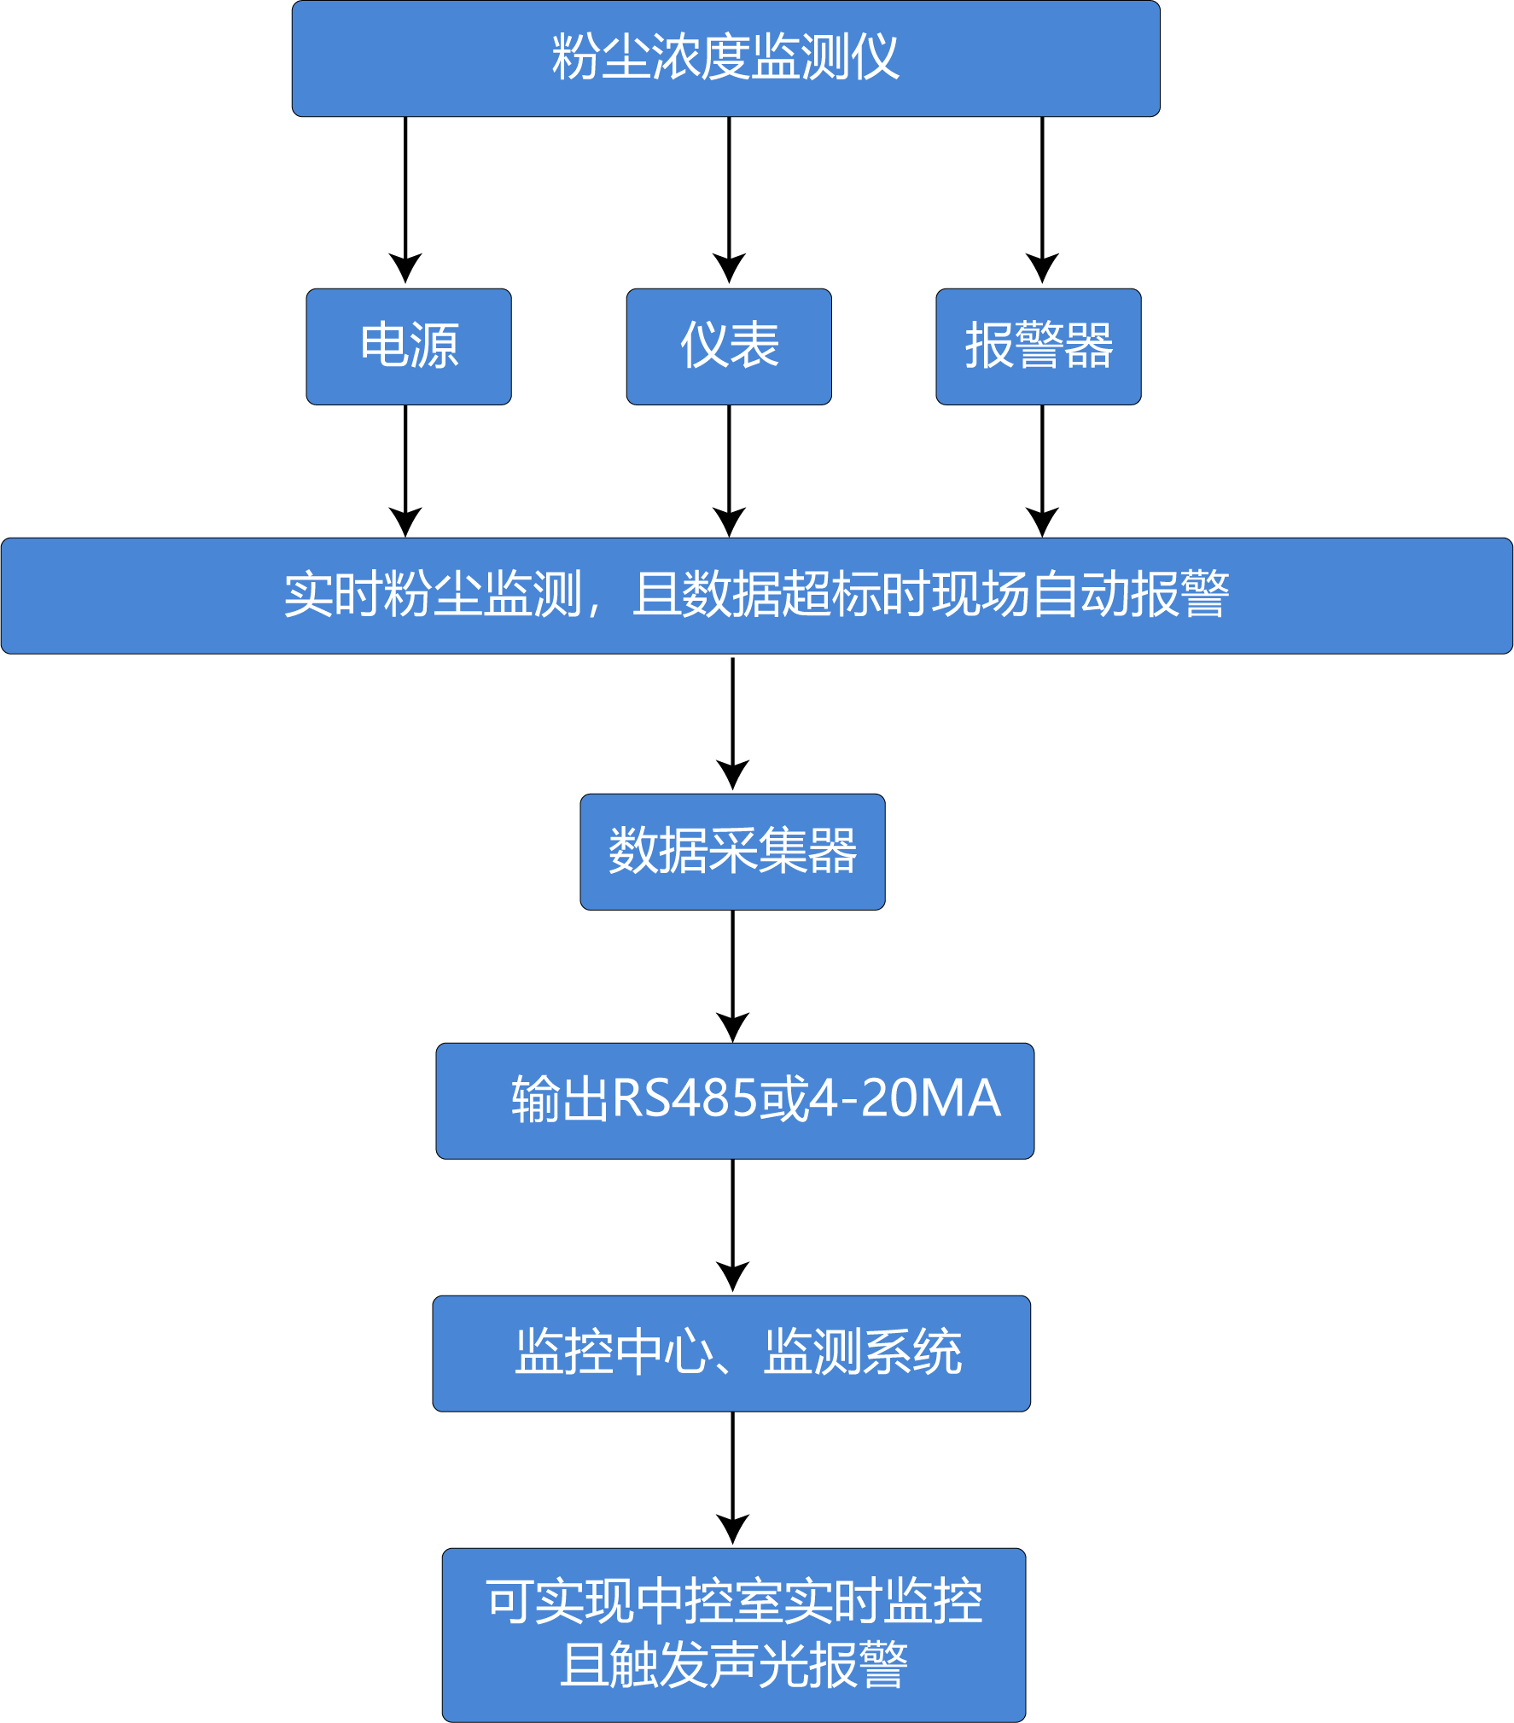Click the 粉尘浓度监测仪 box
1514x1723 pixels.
point(725,58)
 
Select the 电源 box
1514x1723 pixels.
point(409,346)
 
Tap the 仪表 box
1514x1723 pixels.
point(729,346)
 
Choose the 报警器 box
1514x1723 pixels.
point(1038,346)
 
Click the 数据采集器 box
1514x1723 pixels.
point(732,852)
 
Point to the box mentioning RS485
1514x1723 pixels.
point(735,1101)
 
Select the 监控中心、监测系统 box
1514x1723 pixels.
point(731,1353)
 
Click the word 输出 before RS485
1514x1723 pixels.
point(560,1099)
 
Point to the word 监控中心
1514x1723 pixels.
point(614,1352)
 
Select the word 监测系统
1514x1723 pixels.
point(863,1352)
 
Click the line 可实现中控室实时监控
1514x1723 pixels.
point(734,1602)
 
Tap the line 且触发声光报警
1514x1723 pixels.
point(734,1665)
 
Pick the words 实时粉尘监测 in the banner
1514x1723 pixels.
point(433,594)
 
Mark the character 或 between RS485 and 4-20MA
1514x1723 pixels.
point(783,1099)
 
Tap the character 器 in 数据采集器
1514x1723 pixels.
point(832,851)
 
